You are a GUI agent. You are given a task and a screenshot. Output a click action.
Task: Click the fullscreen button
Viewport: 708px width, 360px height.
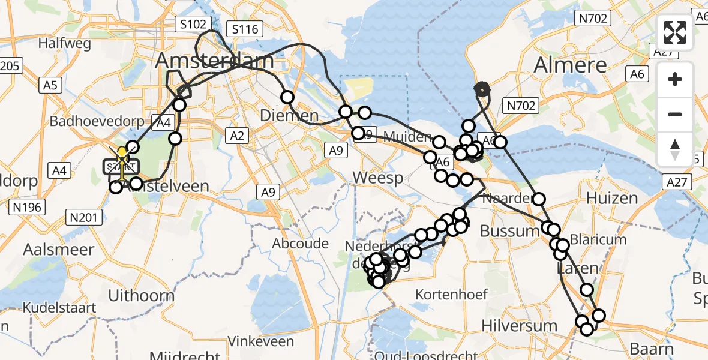(675, 33)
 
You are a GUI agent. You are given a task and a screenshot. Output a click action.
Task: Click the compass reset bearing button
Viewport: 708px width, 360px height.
(675, 149)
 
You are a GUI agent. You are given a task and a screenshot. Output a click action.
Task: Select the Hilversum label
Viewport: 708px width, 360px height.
(520, 326)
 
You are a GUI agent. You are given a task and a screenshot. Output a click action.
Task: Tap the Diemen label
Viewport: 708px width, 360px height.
(290, 115)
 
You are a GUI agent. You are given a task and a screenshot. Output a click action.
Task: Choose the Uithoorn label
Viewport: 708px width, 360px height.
(141, 295)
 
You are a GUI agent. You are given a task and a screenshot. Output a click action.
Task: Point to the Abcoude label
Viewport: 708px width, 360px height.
(301, 244)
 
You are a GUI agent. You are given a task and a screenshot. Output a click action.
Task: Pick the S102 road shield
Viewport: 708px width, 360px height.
(193, 25)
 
